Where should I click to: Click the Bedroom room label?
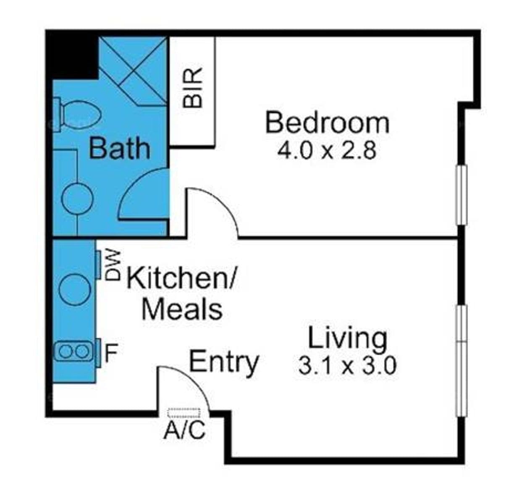coord(327,123)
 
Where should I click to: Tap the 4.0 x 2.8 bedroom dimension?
coord(327,151)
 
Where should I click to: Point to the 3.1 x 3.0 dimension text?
coord(347,365)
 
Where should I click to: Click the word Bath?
coord(119,148)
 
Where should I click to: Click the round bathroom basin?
coord(77,199)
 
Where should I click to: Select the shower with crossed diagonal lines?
coord(133,71)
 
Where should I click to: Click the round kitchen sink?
coord(75,290)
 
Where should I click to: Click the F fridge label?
coord(110,353)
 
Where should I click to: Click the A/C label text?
coord(184,430)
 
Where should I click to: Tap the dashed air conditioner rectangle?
coord(184,413)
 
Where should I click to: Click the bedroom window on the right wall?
coord(462,195)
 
